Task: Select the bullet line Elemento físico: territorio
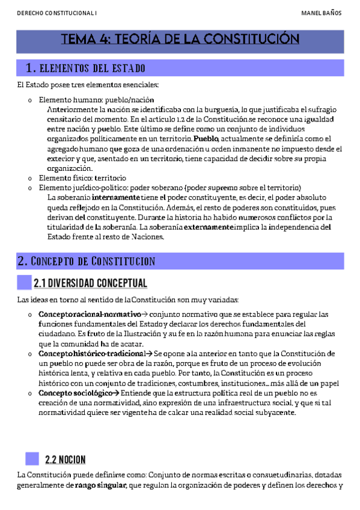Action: (82, 178)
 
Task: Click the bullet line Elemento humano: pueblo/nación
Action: (96, 99)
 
